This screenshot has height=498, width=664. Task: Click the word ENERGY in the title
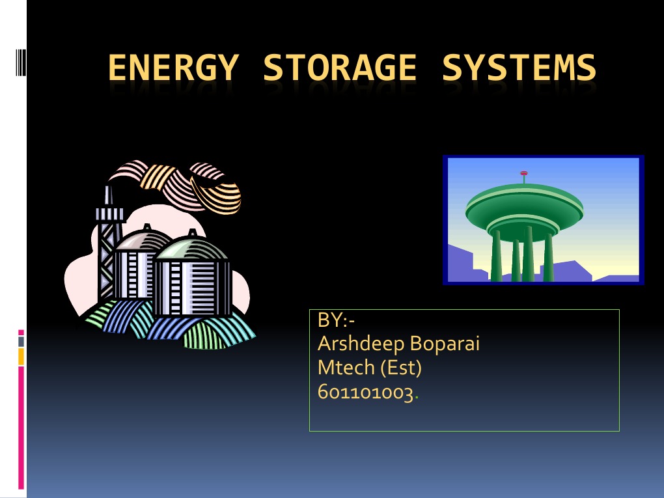(x=172, y=68)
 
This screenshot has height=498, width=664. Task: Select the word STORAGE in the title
(x=339, y=68)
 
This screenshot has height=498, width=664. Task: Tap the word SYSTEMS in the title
(x=519, y=68)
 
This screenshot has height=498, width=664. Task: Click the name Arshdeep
(x=356, y=344)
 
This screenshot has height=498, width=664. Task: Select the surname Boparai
(x=440, y=344)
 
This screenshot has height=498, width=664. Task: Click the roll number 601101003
(x=367, y=393)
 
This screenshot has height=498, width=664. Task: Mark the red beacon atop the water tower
(x=524, y=173)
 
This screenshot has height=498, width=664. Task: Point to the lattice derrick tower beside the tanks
(x=107, y=247)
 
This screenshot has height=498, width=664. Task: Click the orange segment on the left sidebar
(x=21, y=356)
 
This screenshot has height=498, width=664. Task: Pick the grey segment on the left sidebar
(x=21, y=340)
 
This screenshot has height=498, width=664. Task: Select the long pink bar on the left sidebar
(x=21, y=426)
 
